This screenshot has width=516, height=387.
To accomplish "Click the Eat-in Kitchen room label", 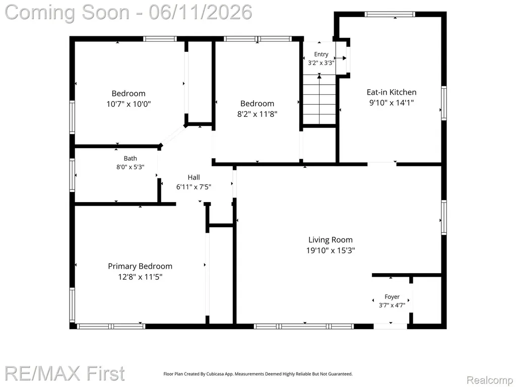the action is point(391,92).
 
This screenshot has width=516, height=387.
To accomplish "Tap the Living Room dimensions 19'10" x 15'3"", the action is point(331,250).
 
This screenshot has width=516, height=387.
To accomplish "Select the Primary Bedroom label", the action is point(140,266).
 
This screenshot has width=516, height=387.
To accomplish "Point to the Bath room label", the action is point(131,158).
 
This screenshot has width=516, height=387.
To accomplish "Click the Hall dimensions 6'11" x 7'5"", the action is point(194,187).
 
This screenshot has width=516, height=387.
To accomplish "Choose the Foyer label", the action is point(392,297).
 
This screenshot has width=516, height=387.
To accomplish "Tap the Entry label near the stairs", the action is point(321,54).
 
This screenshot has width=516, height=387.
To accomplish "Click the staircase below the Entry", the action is point(319,99).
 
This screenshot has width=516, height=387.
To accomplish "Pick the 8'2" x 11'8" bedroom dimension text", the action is point(257,114).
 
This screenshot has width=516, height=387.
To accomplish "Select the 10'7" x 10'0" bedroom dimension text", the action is point(128,104).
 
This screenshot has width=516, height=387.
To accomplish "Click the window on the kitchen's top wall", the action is point(390,14).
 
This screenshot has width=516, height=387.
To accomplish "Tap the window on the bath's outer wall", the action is point(72,175).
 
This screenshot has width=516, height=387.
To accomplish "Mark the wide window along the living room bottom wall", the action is point(303,327).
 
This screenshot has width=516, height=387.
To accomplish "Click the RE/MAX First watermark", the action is point(65,373).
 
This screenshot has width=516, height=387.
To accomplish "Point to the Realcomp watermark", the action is point(489,380).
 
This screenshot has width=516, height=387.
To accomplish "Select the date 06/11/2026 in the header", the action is point(201,12).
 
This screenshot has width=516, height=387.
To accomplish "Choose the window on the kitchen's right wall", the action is point(444,103).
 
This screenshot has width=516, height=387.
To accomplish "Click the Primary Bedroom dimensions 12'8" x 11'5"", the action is point(140,277).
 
